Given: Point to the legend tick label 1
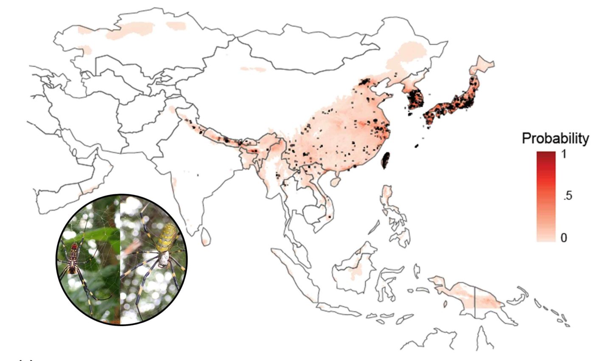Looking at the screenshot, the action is tap(564, 155).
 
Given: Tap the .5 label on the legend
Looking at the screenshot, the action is tap(567, 196).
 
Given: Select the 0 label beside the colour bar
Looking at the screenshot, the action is tap(564, 238).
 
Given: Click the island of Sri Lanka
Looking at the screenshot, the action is tap(205, 236).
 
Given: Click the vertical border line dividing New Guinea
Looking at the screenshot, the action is tap(475, 302).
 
